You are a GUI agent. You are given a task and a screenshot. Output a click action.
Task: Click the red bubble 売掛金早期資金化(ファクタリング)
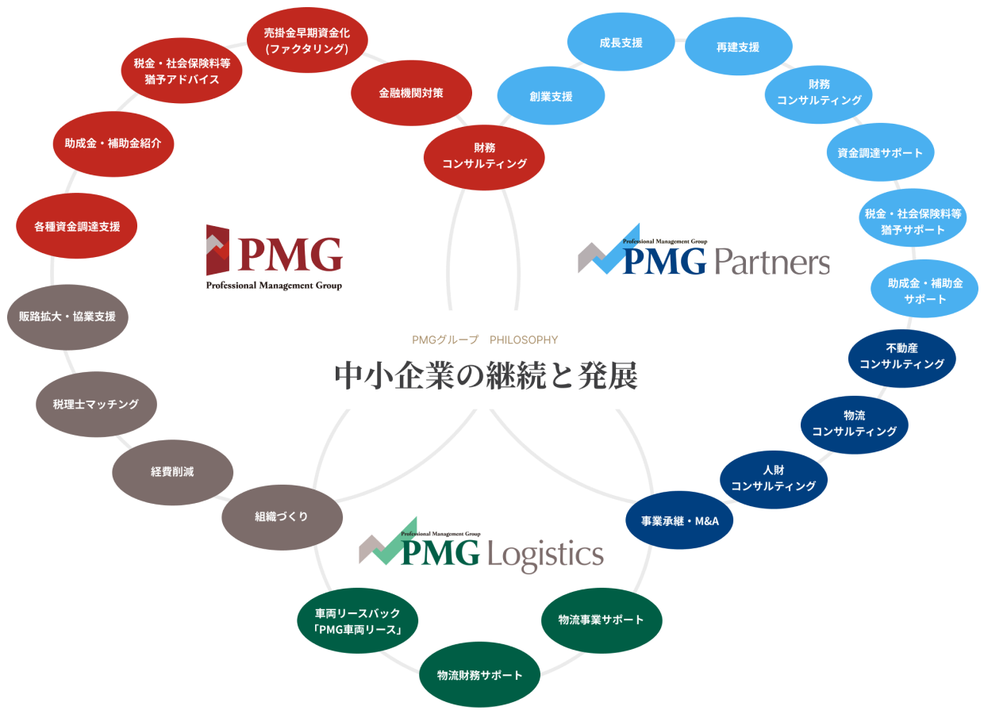point(307,41)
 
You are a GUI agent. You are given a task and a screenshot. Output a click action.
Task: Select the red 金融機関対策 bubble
point(411,93)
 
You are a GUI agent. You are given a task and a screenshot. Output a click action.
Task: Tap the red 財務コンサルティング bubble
point(485,155)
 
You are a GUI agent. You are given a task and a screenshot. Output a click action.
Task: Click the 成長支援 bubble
point(621,43)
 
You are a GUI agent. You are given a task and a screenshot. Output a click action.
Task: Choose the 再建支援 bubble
point(738,48)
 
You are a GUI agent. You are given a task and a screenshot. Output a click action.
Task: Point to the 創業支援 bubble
point(551,97)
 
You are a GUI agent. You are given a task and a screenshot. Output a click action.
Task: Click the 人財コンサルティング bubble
point(774,478)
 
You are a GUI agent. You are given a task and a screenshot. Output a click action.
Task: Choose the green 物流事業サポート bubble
point(601,620)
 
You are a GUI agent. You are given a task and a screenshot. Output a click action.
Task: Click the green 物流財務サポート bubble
point(480,675)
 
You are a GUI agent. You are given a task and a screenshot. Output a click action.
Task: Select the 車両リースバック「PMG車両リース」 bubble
point(358,622)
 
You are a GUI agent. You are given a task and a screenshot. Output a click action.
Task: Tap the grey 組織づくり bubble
point(281,516)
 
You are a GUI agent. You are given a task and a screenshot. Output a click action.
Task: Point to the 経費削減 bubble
point(172,471)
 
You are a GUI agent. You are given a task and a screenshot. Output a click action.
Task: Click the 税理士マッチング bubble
point(95,405)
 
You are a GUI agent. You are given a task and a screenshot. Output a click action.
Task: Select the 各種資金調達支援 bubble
point(77,227)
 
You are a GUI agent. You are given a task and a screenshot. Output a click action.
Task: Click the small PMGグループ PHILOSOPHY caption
point(485,340)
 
